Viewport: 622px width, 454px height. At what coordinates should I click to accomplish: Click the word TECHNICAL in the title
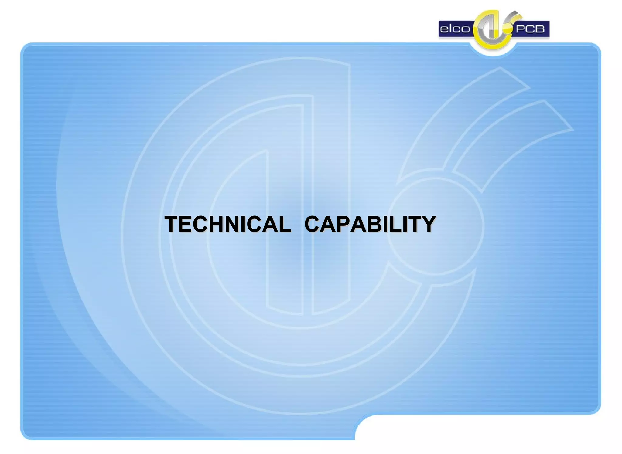coord(227,224)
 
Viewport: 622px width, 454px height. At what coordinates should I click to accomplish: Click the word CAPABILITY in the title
coord(370,224)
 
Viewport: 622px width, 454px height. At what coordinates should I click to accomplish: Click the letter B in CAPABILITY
coord(376,224)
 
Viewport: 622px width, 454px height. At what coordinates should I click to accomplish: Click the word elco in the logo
coord(455,29)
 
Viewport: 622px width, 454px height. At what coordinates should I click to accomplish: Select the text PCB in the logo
coord(530,29)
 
